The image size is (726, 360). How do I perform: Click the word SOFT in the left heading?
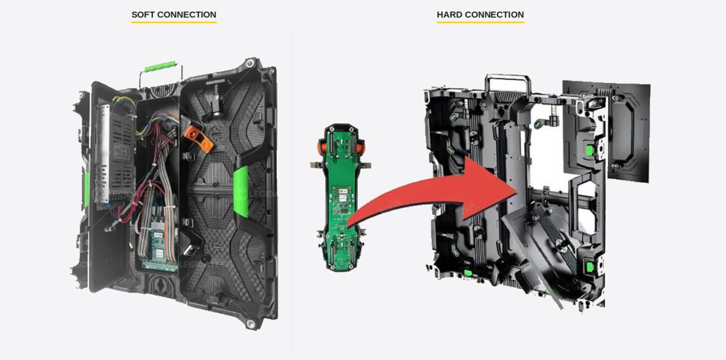[141, 15]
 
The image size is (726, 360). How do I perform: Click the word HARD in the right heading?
[447, 15]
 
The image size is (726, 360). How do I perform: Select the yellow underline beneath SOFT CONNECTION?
[174, 22]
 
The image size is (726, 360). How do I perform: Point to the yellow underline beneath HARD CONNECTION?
[480, 22]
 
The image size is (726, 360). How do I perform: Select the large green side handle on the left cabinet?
[241, 191]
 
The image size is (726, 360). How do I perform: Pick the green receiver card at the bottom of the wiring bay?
[159, 250]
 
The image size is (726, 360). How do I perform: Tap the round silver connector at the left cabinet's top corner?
[250, 63]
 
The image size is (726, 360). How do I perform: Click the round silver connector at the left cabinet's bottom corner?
[250, 323]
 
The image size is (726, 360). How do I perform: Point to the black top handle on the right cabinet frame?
[508, 78]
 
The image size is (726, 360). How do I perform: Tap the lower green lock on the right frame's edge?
[590, 267]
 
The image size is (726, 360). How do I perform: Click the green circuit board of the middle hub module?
[341, 197]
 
